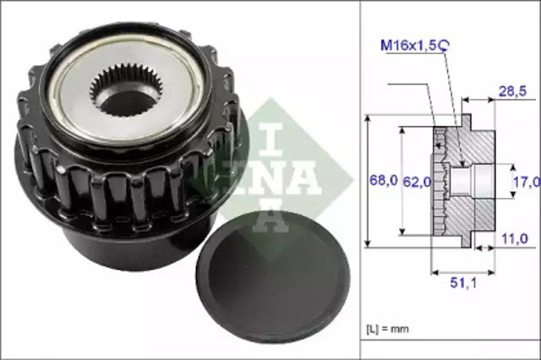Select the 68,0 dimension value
click(382, 180)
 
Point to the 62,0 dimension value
click(418, 180)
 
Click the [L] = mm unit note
click(388, 325)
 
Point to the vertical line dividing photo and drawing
click(361, 180)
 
